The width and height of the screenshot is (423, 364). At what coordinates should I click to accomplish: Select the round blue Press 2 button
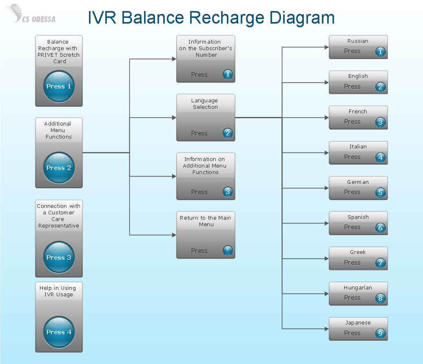pyautogui.click(x=59, y=168)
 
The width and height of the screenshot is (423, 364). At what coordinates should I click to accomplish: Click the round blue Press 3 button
pyautogui.click(x=59, y=257)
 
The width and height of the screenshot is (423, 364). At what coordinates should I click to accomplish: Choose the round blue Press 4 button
pyautogui.click(x=59, y=332)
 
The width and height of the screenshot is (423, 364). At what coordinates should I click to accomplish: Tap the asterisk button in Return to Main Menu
pyautogui.click(x=228, y=250)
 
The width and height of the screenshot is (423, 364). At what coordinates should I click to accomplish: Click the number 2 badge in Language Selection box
pyautogui.click(x=228, y=133)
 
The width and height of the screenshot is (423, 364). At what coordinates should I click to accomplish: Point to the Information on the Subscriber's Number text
pyautogui.click(x=205, y=48)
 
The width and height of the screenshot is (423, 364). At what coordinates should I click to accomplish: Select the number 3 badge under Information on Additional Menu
pyautogui.click(x=228, y=192)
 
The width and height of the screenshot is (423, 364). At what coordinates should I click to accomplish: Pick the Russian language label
pyautogui.click(x=358, y=41)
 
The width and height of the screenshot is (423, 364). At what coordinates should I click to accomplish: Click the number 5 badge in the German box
pyautogui.click(x=380, y=192)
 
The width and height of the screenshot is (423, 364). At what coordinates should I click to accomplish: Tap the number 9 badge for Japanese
pyautogui.click(x=380, y=333)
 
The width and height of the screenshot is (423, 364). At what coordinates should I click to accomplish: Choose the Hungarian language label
pyautogui.click(x=358, y=287)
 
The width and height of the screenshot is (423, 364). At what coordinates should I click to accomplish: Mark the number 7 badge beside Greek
pyautogui.click(x=380, y=263)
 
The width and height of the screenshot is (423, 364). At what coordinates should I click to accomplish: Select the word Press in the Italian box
pyautogui.click(x=352, y=157)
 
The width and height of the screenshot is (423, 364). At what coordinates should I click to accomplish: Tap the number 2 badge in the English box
pyautogui.click(x=380, y=87)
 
